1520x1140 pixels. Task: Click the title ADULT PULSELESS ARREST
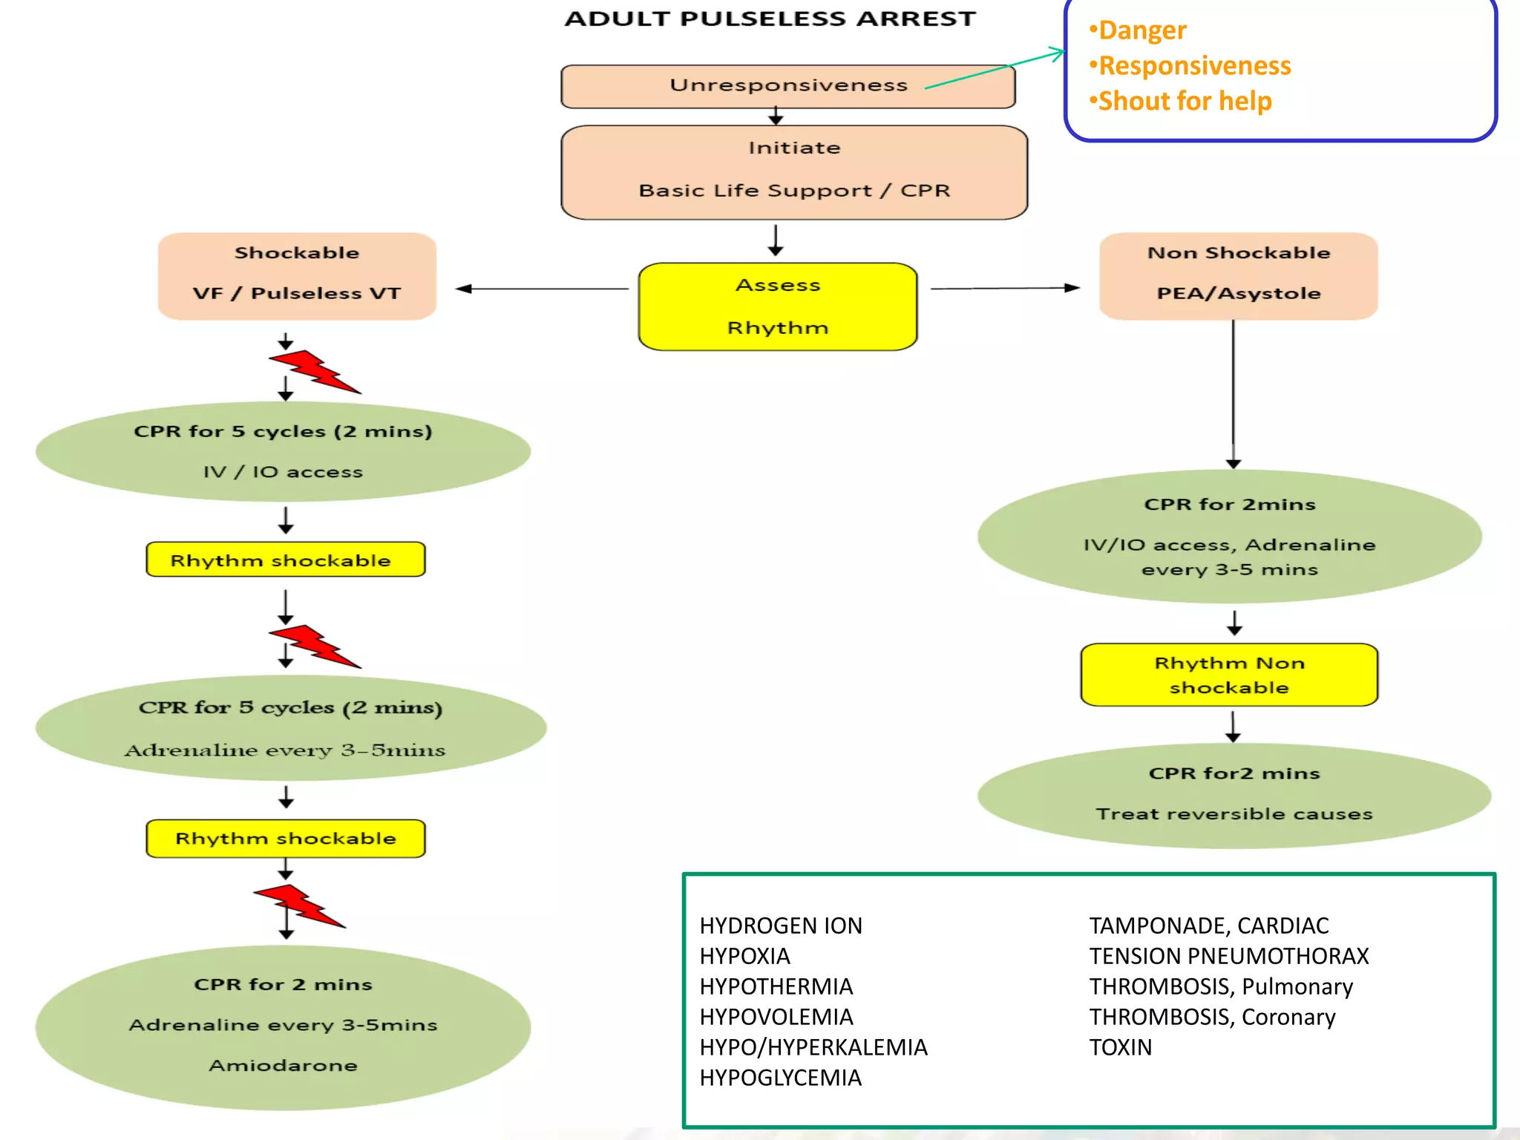[x=770, y=19]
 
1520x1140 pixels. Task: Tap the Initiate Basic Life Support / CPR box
[x=794, y=171]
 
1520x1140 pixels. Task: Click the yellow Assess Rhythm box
[x=778, y=306]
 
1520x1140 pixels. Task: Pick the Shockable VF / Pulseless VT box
[x=297, y=275]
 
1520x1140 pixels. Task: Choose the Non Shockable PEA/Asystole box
[x=1238, y=275]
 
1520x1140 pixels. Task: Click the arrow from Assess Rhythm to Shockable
[x=542, y=289]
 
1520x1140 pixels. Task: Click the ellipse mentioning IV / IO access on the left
[x=283, y=451]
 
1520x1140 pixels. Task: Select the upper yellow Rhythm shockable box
[x=286, y=560]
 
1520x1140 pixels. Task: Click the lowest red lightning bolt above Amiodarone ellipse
[x=299, y=905]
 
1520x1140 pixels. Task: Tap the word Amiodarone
[x=283, y=1065]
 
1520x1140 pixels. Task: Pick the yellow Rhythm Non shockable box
[x=1229, y=675]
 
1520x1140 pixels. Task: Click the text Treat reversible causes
[x=1234, y=814]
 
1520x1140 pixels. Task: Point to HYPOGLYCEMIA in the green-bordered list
[x=780, y=1078]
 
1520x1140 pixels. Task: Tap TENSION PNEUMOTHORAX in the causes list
[x=1228, y=956]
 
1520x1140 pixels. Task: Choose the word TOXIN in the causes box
[x=1120, y=1047]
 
